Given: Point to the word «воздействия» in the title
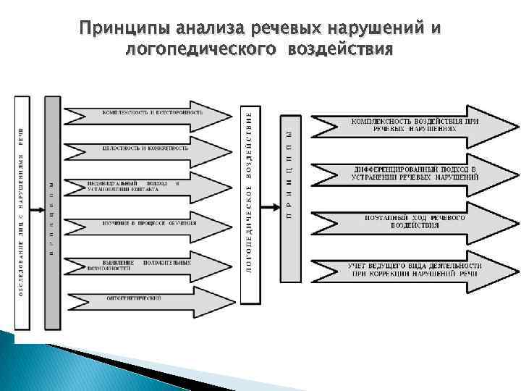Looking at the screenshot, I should (340, 50).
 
